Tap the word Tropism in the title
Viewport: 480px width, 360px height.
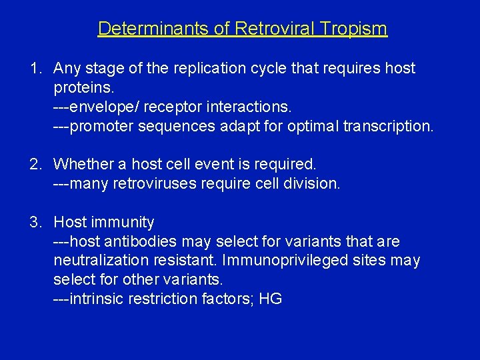356,29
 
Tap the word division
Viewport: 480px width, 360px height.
312,183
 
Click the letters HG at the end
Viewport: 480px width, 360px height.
270,299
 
